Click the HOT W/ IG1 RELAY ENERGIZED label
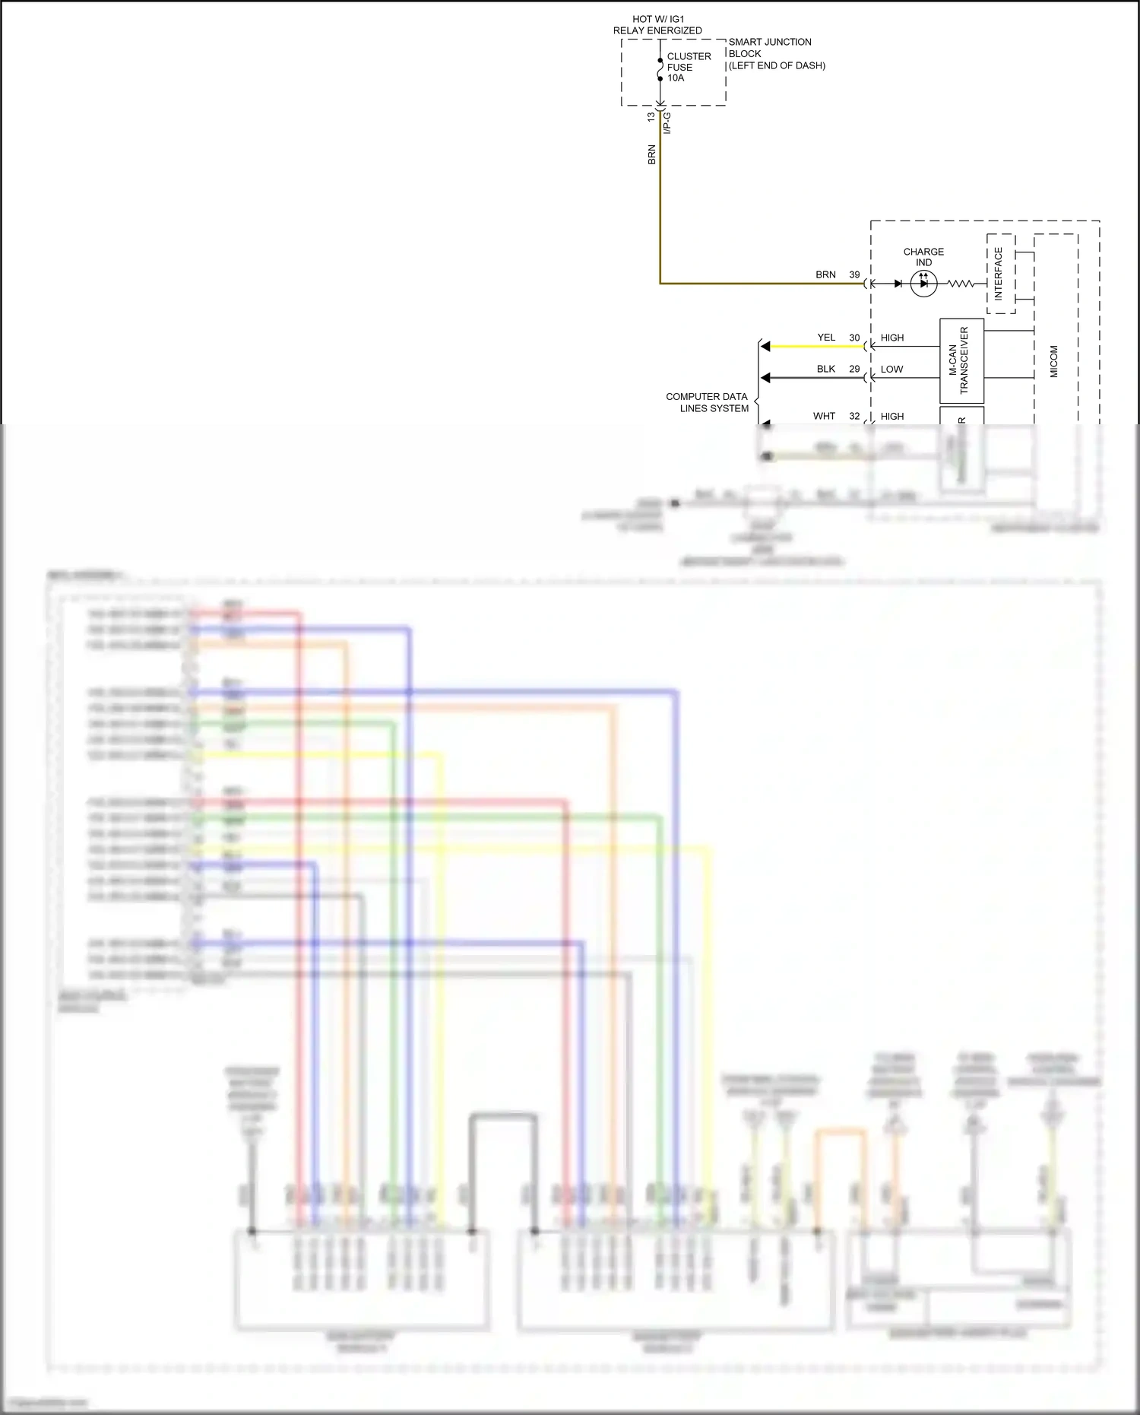pyautogui.click(x=657, y=25)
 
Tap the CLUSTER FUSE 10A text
pyautogui.click(x=689, y=67)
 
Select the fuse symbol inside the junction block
pyautogui.click(x=660, y=69)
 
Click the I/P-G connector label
pyautogui.click(x=667, y=123)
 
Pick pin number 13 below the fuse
pyautogui.click(x=651, y=117)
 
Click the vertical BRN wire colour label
pyautogui.click(x=651, y=154)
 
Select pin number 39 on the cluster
pyautogui.click(x=854, y=274)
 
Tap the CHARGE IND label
pyautogui.click(x=923, y=257)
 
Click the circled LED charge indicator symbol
pyautogui.click(x=923, y=284)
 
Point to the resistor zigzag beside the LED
pyautogui.click(x=961, y=284)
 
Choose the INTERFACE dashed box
pyautogui.click(x=1000, y=274)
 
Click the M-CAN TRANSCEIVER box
pyautogui.click(x=961, y=360)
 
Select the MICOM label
pyautogui.click(x=1054, y=361)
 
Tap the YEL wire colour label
pyautogui.click(x=826, y=338)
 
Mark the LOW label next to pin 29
pyautogui.click(x=891, y=370)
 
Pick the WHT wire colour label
pyautogui.click(x=824, y=416)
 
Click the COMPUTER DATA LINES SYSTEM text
pyautogui.click(x=707, y=402)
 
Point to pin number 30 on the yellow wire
pyautogui.click(x=854, y=338)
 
